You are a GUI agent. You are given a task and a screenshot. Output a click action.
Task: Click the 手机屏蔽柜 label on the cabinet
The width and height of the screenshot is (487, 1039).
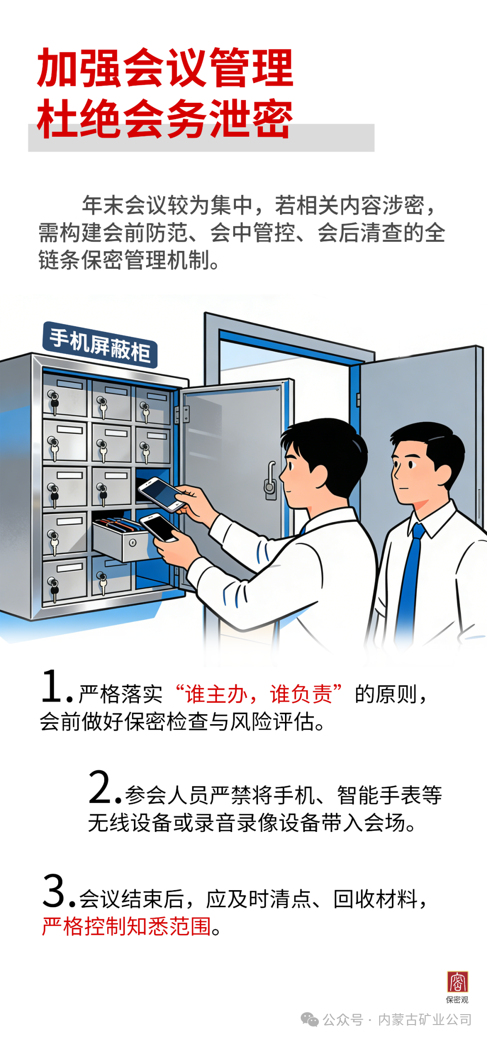point(100,345)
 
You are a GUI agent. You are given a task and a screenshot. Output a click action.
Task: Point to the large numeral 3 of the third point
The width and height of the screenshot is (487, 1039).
point(54,891)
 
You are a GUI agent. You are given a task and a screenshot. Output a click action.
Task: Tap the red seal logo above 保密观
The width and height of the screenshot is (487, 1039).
point(457,982)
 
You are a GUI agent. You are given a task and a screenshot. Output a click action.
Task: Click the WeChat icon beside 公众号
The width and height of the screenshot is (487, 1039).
point(309,1019)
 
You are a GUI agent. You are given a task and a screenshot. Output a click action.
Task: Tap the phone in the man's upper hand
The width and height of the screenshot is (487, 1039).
point(161,494)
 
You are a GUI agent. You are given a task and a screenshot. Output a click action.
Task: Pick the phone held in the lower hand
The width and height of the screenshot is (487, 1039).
point(159,526)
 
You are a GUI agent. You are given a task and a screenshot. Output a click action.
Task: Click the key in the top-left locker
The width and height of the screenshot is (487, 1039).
point(54,401)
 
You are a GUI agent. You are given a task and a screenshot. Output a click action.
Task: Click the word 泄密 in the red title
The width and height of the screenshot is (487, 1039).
point(252,119)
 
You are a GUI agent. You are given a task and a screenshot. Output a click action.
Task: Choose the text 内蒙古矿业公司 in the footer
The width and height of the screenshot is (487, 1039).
point(425,1020)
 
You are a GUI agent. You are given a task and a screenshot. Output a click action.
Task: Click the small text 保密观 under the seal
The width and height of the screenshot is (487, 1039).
point(457,1000)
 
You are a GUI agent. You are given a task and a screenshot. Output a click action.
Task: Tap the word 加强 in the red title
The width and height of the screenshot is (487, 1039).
point(79,68)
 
